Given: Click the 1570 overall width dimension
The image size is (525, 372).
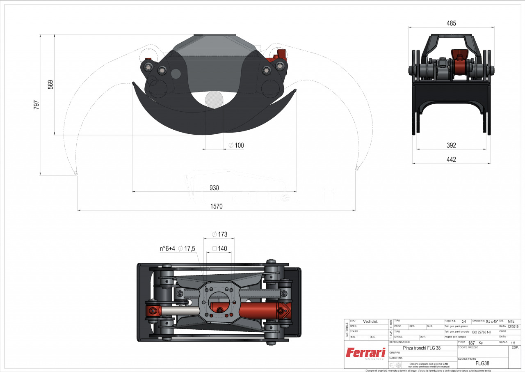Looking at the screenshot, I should pyautogui.click(x=216, y=206).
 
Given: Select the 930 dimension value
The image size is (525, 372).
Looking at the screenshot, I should pyautogui.click(x=214, y=188).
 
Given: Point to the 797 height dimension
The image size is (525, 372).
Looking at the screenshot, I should pyautogui.click(x=36, y=105).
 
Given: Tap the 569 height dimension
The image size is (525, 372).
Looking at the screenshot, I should pyautogui.click(x=50, y=85).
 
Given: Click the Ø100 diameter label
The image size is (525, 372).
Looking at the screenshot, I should pyautogui.click(x=236, y=145).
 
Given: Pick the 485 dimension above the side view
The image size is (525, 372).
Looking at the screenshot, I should pyautogui.click(x=451, y=23).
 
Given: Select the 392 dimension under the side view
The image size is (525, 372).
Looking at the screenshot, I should pyautogui.click(x=451, y=145).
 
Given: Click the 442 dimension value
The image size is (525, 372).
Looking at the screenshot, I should pyautogui.click(x=451, y=159).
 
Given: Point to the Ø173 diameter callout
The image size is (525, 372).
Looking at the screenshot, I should pyautogui.click(x=219, y=234).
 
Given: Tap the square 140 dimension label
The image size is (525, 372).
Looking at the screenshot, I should pyautogui.click(x=220, y=248).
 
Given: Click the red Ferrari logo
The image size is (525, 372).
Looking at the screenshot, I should pyautogui.click(x=365, y=353).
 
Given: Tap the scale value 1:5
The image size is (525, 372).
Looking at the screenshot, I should pyautogui.click(x=513, y=342).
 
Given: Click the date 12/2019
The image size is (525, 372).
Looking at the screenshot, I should pyautogui.click(x=513, y=326).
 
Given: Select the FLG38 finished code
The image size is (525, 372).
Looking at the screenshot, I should pyautogui.click(x=482, y=363).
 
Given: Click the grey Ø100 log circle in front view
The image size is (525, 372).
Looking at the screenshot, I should pyautogui.click(x=214, y=99).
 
